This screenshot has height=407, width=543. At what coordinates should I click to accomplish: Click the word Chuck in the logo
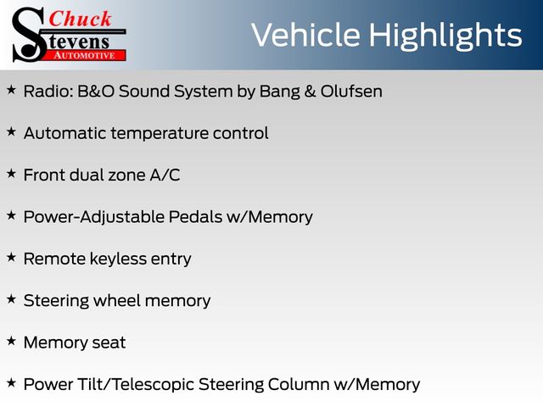[80, 19]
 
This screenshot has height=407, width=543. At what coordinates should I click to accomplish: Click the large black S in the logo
[29, 34]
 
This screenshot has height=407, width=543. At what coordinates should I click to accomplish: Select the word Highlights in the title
[445, 36]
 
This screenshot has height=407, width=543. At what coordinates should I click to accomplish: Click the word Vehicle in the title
[305, 35]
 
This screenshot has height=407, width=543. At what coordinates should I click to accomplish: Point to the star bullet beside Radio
[11, 90]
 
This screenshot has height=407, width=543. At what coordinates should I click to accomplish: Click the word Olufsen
[351, 92]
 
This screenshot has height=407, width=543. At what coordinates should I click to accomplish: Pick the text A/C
[165, 175]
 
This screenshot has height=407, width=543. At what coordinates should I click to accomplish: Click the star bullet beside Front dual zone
[11, 173]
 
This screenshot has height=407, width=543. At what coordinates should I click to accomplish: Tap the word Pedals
[196, 217]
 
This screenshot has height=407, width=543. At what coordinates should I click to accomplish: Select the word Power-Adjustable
[94, 218]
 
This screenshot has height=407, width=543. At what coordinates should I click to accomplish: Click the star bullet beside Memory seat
[11, 341]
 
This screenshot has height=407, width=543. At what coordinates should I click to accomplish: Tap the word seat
[109, 343]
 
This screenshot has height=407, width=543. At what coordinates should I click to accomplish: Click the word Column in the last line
[298, 384]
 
